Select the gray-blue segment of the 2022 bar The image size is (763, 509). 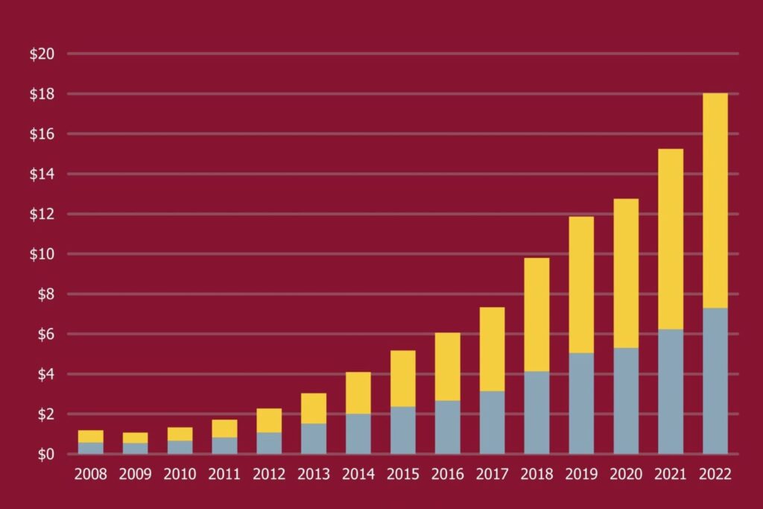click(x=715, y=381)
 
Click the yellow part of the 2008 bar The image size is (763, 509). click(x=91, y=436)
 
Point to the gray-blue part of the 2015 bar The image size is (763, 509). click(x=403, y=430)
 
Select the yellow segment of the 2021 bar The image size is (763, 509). click(x=671, y=239)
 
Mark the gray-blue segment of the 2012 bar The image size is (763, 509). click(x=269, y=443)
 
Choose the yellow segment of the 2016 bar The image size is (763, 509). click(x=448, y=367)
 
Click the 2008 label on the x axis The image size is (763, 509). click(x=91, y=475)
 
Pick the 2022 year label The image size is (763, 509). click(x=715, y=475)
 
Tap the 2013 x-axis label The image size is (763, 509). click(x=314, y=475)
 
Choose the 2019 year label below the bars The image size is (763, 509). click(x=581, y=475)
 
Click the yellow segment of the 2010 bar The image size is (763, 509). click(x=180, y=434)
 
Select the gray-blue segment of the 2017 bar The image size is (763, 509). click(x=492, y=423)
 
